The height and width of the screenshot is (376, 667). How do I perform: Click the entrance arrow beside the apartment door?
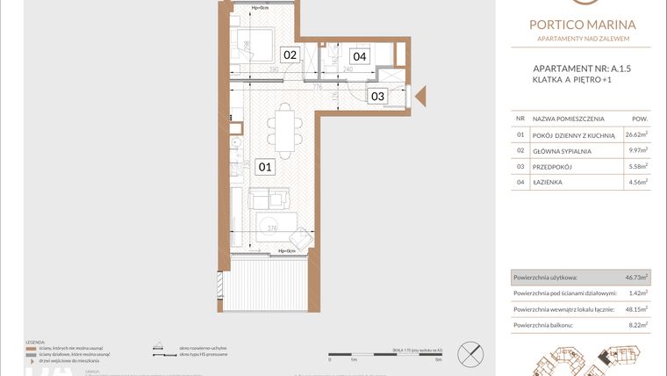click(420, 96)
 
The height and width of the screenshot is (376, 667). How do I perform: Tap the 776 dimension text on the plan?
click(318, 87)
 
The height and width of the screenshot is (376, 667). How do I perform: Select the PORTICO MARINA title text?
click(583, 25)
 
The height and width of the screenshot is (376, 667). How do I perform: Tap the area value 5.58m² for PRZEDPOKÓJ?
click(635, 166)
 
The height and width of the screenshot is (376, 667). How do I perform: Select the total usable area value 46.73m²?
click(634, 277)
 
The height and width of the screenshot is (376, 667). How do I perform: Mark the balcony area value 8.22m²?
click(635, 324)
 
